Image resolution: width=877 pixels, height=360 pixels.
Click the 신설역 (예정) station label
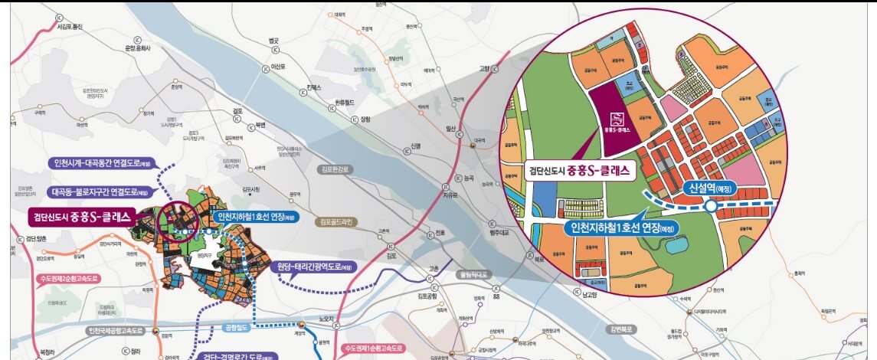coord(708,188)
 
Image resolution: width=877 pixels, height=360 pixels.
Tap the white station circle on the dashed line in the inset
coord(712,206)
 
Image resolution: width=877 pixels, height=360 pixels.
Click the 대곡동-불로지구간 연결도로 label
coord(103,191)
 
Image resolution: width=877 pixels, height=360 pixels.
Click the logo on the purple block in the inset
coord(617,122)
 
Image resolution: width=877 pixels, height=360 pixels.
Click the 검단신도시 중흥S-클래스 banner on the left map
coord(83,216)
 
